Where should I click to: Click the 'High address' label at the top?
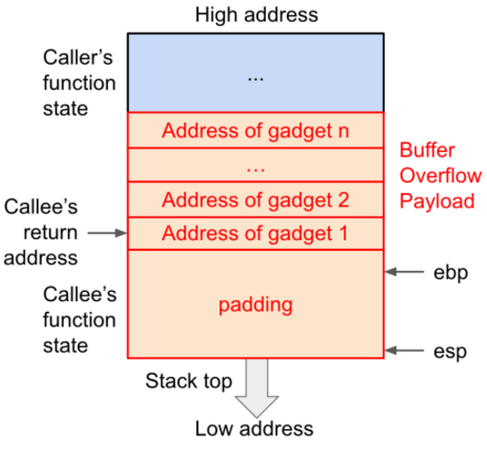point(255,14)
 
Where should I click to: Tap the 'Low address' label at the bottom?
point(255,428)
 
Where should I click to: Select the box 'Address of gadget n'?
point(255,130)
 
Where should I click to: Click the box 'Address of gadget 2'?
point(255,200)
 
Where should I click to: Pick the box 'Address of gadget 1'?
point(255,233)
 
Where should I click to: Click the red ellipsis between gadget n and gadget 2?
point(255,166)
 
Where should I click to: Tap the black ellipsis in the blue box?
point(255,76)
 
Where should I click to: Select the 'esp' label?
point(448,351)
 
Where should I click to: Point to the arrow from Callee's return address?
point(106,232)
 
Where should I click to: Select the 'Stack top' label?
point(188,382)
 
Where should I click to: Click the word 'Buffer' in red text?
point(427,151)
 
